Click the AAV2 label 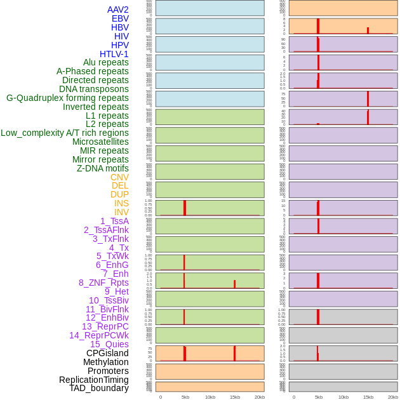tap(118, 10)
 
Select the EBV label tap(120, 18)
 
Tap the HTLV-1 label tap(114, 54)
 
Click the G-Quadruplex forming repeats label tap(67, 98)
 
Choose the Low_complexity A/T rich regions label tap(65, 133)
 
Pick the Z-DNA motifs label tap(103, 168)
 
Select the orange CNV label tap(119, 177)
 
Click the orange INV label tap(121, 212)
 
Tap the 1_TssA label tap(114, 221)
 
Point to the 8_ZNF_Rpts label tap(103, 283)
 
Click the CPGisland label tap(107, 353)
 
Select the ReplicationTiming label tap(94, 380)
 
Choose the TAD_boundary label tap(99, 388)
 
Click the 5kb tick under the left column tap(185, 397)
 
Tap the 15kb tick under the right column tap(368, 397)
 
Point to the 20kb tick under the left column tap(260, 397)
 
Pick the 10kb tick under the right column tap(343, 397)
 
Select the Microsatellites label tap(100, 142)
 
